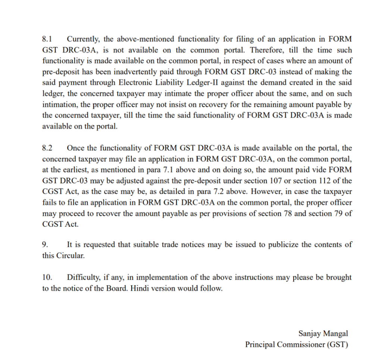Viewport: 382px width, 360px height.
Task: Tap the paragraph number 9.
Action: (x=45, y=245)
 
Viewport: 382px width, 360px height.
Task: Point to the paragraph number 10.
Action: (x=47, y=277)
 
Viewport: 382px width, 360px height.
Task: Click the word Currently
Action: (x=84, y=39)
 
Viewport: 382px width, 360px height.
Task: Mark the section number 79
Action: (x=338, y=214)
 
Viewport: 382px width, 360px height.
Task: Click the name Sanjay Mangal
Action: (x=323, y=333)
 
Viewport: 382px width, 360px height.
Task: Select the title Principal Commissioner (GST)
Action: (x=297, y=344)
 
